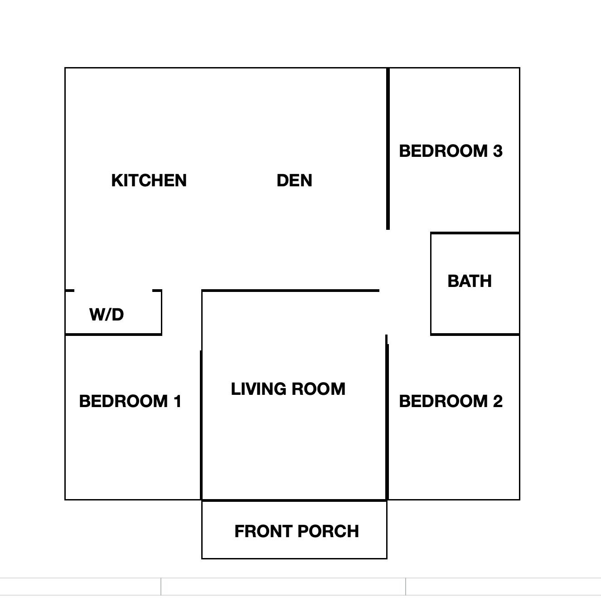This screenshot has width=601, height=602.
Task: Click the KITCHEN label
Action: [149, 180]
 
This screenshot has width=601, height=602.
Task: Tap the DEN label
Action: [294, 180]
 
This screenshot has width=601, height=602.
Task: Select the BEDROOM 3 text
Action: [451, 151]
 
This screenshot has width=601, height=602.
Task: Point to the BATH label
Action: [470, 281]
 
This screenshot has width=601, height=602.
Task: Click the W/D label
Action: [107, 314]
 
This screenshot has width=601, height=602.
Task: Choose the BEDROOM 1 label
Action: [130, 402]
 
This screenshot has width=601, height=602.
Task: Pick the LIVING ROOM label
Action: [288, 389]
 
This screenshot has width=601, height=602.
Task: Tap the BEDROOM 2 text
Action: [451, 402]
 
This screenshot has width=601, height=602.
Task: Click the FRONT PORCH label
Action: [296, 531]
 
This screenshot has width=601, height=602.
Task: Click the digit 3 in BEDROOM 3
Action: [498, 151]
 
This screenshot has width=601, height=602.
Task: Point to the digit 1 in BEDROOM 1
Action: [178, 402]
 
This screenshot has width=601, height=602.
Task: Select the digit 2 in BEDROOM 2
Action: [498, 402]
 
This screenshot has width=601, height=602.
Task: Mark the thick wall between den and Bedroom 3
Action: [388, 149]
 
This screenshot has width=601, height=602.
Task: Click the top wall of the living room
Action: [291, 291]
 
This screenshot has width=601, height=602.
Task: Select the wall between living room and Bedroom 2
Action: [387, 418]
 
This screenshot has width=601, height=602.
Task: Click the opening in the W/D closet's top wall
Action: [113, 291]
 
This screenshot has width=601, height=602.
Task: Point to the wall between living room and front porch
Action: [294, 500]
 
